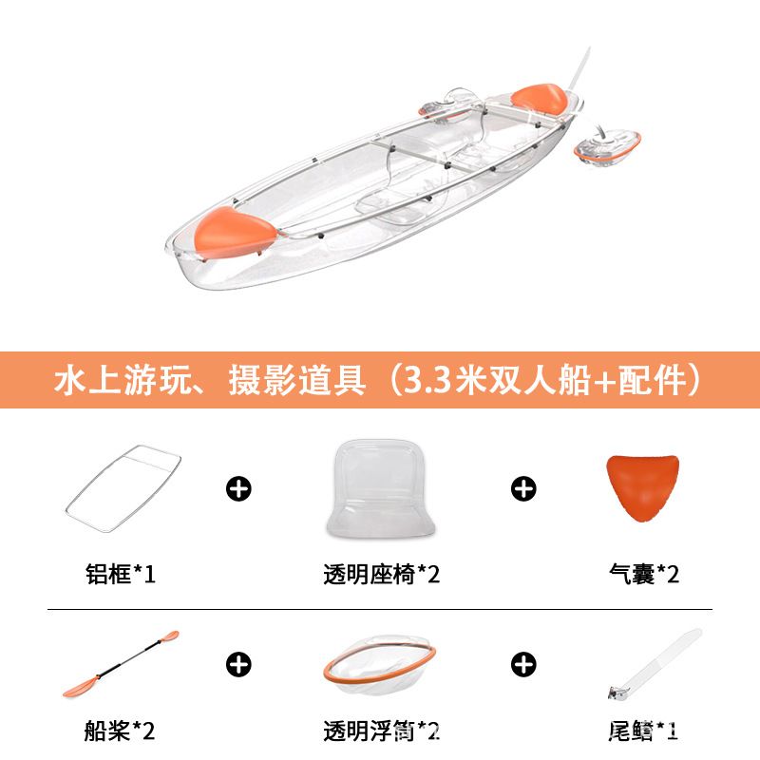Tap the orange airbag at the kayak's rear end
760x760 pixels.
(540, 99)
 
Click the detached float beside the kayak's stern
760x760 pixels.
(608, 147)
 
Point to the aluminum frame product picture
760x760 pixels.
(123, 488)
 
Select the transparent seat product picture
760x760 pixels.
(381, 488)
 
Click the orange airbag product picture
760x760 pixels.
(643, 487)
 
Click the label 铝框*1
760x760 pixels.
(121, 574)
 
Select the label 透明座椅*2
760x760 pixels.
(382, 575)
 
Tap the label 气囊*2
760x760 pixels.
(644, 574)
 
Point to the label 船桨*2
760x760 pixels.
(120, 731)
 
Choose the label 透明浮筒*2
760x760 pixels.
(382, 731)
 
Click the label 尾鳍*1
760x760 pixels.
(643, 731)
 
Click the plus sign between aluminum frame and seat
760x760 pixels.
(238, 488)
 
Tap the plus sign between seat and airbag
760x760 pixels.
(523, 488)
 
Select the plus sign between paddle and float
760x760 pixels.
(238, 664)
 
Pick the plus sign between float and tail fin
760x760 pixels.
(523, 664)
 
